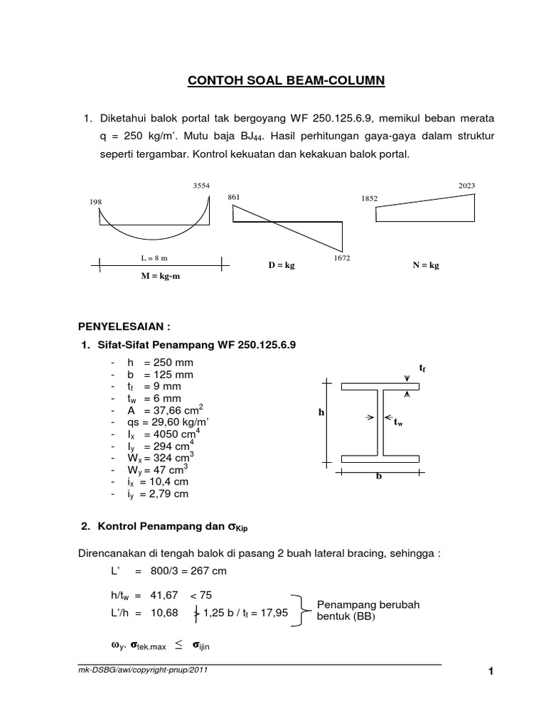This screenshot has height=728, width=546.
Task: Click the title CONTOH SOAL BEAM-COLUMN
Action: [x=286, y=82]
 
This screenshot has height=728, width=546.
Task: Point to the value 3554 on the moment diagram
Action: [x=201, y=186]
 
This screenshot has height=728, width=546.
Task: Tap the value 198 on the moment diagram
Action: [x=96, y=202]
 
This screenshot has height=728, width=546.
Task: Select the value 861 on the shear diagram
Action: [x=235, y=196]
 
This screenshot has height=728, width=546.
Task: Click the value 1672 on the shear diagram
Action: [x=341, y=259]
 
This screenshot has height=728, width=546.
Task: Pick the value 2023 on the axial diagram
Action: [x=467, y=186]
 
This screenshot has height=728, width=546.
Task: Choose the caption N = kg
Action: [x=425, y=265]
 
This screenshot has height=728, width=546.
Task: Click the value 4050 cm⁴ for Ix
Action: [x=180, y=434]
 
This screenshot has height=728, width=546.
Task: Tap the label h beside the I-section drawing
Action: [x=321, y=412]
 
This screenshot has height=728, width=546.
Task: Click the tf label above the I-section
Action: [x=422, y=368]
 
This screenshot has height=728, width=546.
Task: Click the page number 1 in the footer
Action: [x=490, y=674]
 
